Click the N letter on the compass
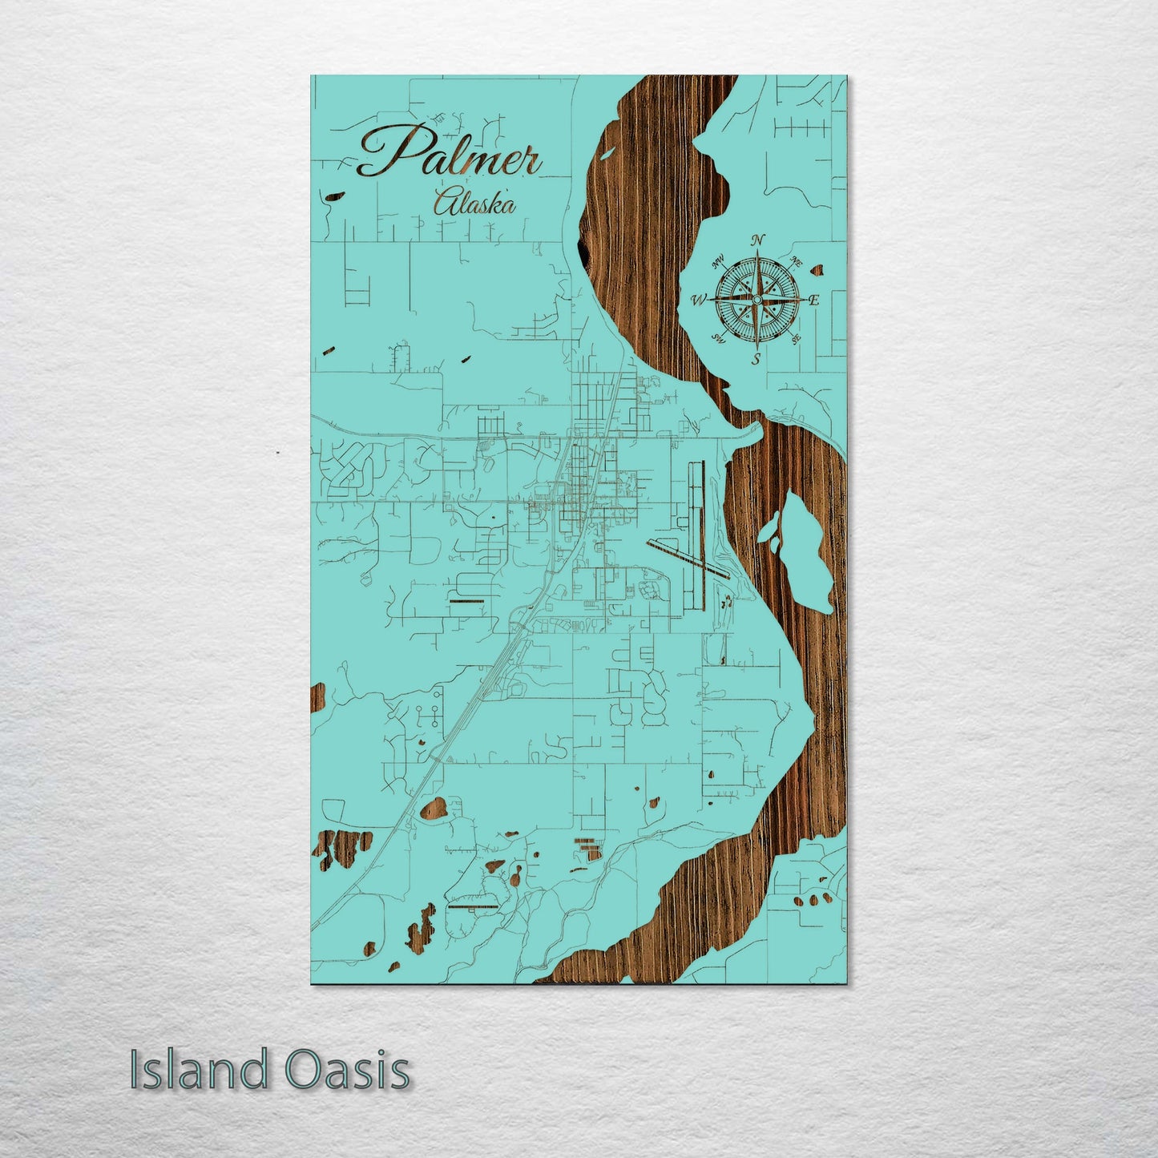758,240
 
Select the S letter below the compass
756,360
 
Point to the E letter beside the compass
813,301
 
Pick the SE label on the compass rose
795,340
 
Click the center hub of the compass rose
756,299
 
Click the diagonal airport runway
689,557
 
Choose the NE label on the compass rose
796,260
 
